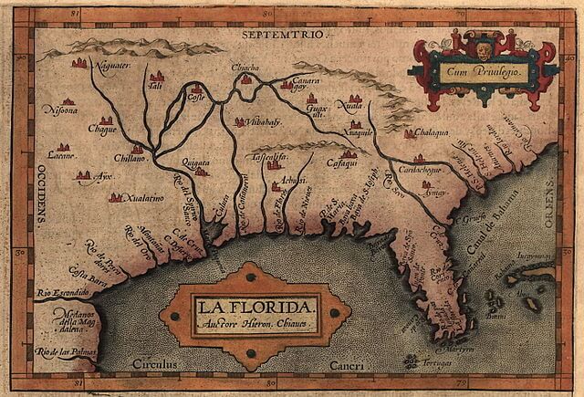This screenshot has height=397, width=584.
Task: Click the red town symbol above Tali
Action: pos(157,76)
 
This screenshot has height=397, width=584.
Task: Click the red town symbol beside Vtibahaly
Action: pos(240,121)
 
